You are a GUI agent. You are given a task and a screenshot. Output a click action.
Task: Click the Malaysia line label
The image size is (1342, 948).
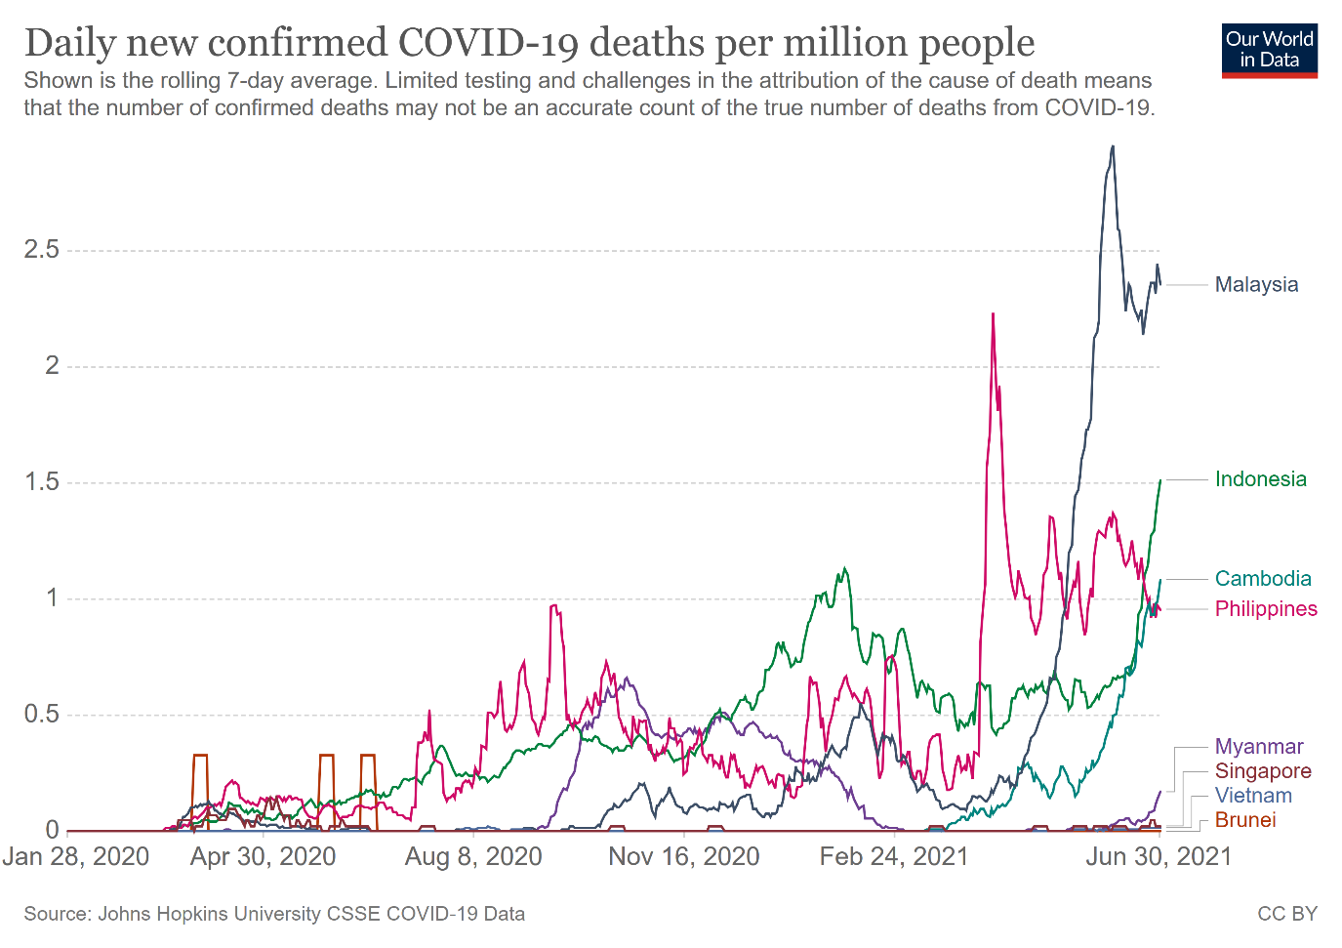click(x=1256, y=285)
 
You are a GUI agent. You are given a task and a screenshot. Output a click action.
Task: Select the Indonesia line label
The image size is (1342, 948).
click(x=1260, y=479)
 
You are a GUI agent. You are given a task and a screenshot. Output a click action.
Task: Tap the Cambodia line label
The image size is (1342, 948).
click(x=1263, y=579)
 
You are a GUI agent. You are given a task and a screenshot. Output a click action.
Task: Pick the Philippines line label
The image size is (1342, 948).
click(x=1266, y=609)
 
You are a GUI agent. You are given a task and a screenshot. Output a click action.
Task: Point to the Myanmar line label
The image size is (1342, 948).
click(x=1259, y=747)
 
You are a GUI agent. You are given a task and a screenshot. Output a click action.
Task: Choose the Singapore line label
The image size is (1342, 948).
click(x=1263, y=771)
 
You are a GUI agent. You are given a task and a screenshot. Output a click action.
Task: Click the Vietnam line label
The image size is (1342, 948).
click(x=1253, y=796)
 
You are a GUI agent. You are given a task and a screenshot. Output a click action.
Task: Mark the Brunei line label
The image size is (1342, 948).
click(x=1245, y=820)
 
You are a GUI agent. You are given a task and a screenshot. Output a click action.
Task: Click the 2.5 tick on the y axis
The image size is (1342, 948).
click(x=42, y=250)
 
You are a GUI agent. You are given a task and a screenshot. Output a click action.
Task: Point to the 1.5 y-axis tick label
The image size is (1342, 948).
click(x=42, y=482)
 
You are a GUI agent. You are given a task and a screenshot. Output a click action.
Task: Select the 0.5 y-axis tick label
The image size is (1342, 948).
click(x=42, y=715)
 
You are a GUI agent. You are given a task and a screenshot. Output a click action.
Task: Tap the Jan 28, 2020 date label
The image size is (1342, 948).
click(x=76, y=857)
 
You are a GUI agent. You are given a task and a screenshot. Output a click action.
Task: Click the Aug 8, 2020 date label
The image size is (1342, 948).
click(x=473, y=857)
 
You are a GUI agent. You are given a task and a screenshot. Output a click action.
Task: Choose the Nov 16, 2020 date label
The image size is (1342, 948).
click(x=683, y=857)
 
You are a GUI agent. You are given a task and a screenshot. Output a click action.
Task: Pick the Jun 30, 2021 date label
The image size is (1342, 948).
click(x=1159, y=857)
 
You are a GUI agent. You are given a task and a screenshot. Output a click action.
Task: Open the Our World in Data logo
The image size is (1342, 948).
click(x=1269, y=51)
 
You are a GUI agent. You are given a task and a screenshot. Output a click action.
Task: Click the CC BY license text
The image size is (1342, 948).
click(x=1287, y=914)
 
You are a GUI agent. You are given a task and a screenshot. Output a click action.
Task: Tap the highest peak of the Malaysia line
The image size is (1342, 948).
click(x=1113, y=147)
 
